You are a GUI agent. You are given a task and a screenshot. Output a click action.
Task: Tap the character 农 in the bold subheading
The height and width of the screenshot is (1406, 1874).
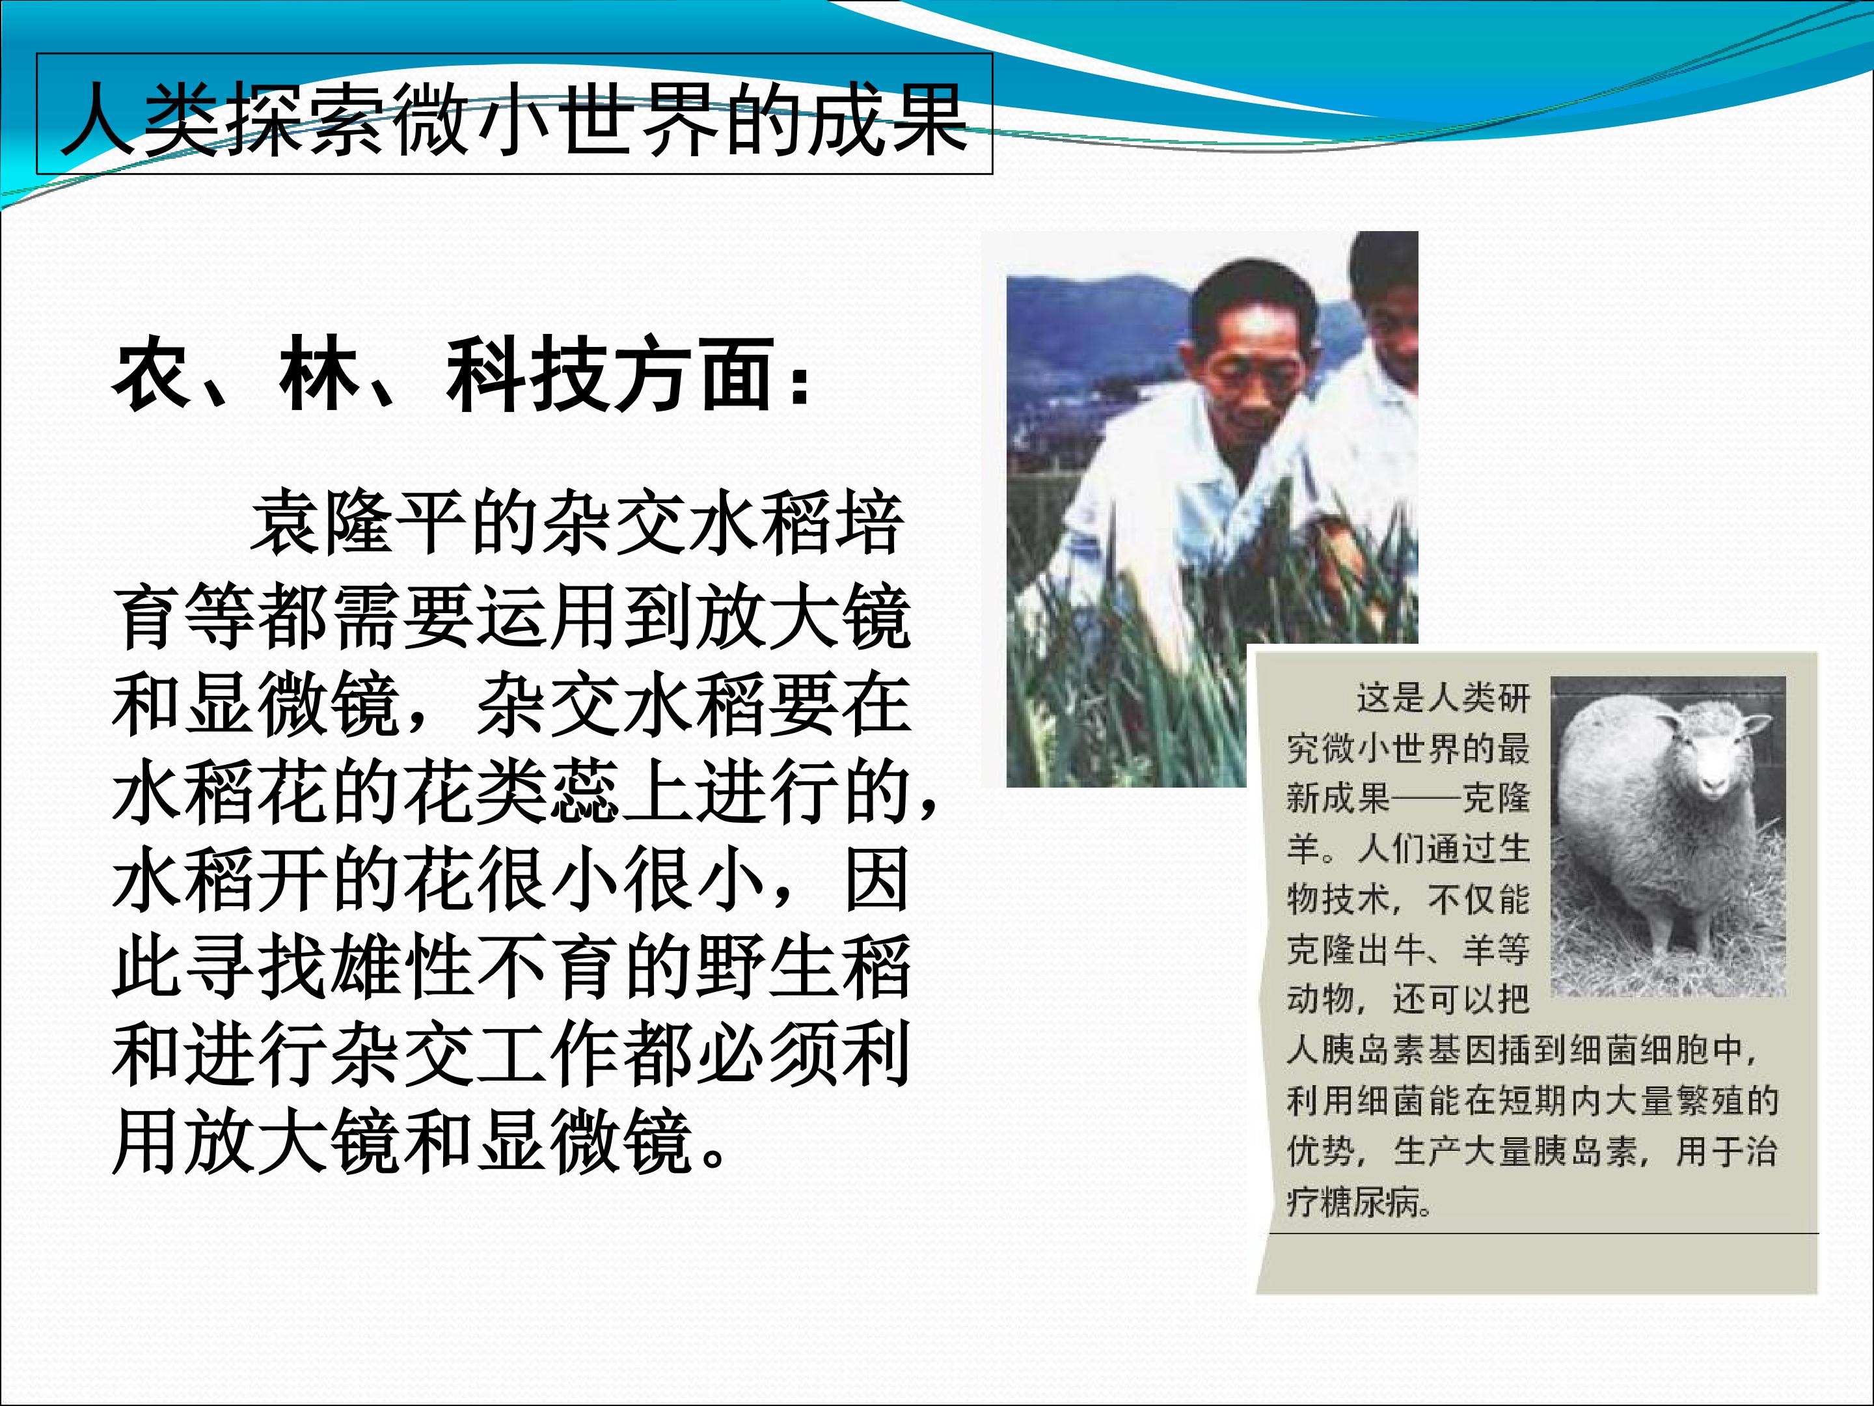(x=152, y=374)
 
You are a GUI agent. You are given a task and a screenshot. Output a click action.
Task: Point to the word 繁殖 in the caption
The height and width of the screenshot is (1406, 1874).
(x=1709, y=1101)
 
